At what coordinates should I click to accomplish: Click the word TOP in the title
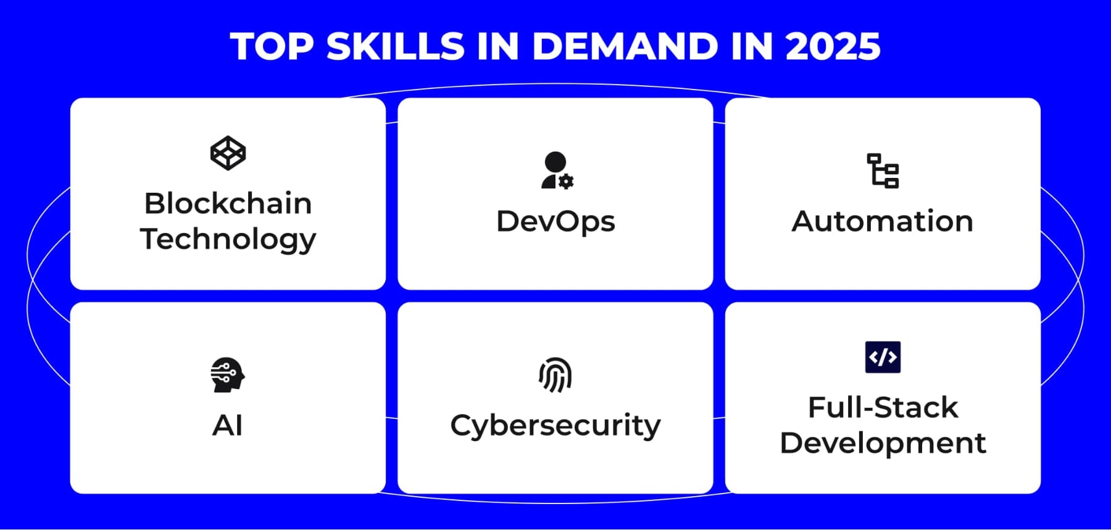tap(272, 46)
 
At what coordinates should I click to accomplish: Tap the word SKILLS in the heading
tap(395, 46)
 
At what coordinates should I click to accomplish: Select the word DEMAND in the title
tap(624, 46)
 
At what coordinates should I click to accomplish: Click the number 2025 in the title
tap(833, 46)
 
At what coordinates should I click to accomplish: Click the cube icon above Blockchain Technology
tap(228, 153)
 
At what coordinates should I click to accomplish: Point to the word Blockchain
tap(228, 203)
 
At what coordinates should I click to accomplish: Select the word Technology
tap(228, 239)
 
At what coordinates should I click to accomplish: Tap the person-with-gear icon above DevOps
tap(556, 170)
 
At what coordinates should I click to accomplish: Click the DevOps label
tap(555, 222)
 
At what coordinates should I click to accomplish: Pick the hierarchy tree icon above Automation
tap(883, 170)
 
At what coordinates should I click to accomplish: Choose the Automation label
tap(883, 221)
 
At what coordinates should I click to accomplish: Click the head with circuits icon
tap(227, 374)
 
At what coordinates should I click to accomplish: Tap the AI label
tap(228, 426)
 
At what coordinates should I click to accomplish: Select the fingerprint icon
tap(555, 374)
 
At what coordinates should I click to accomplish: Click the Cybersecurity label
tap(555, 426)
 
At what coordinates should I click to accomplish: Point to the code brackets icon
tap(883, 357)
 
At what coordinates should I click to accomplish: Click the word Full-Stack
tap(883, 408)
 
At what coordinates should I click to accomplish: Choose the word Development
tap(883, 444)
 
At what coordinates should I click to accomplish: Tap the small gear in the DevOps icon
tap(566, 181)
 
